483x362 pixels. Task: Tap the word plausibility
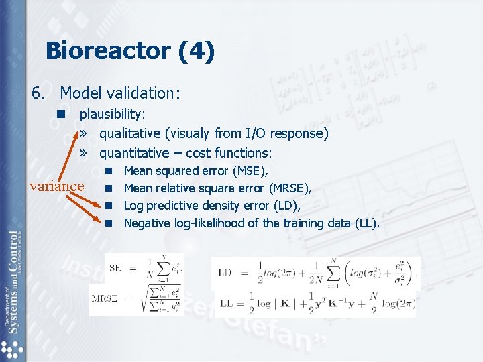click(113, 115)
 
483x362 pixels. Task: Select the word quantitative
click(134, 153)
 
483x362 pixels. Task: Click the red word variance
click(57, 186)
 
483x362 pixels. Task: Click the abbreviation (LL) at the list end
click(367, 223)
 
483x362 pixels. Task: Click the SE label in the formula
click(115, 268)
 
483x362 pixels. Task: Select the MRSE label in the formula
click(105, 299)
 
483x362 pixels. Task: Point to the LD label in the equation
click(225, 272)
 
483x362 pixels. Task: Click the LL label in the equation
click(226, 303)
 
